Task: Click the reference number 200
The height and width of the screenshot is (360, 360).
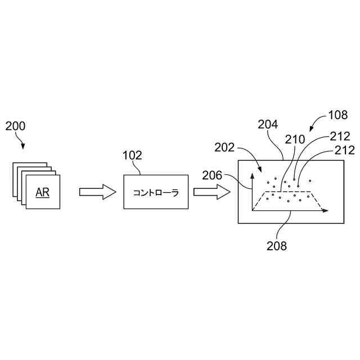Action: (15, 126)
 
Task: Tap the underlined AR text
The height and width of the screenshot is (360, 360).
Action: (42, 192)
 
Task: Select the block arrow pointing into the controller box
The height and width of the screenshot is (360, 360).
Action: (97, 192)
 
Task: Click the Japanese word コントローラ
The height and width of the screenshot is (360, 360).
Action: (156, 193)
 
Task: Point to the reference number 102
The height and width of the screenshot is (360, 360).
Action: (132, 155)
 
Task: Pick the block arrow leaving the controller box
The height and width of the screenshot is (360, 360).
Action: (212, 192)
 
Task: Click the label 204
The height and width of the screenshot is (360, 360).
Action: (268, 125)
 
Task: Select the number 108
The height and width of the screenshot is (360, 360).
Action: (337, 115)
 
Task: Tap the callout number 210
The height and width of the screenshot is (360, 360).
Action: (295, 138)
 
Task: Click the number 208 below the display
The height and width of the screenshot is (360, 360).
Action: (277, 246)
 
